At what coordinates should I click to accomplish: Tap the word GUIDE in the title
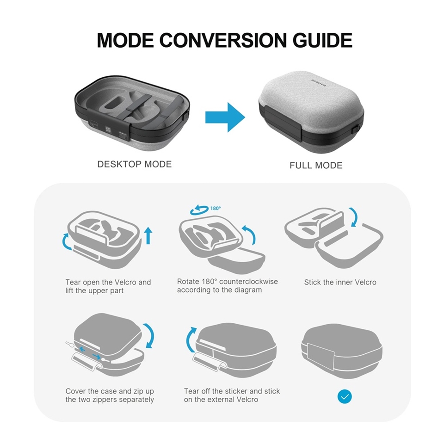[x=322, y=40]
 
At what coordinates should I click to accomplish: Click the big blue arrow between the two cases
[x=225, y=117]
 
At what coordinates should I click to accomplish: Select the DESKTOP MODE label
[x=134, y=164]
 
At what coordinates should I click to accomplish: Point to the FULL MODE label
[x=316, y=165]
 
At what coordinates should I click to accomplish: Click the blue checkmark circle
[x=345, y=396]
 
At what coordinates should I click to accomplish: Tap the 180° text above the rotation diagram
[x=216, y=208]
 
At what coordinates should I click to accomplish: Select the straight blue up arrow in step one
[x=148, y=235]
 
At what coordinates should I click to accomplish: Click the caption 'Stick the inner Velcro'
[x=340, y=282]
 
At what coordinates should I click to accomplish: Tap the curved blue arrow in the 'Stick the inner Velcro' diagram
[x=353, y=217]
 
